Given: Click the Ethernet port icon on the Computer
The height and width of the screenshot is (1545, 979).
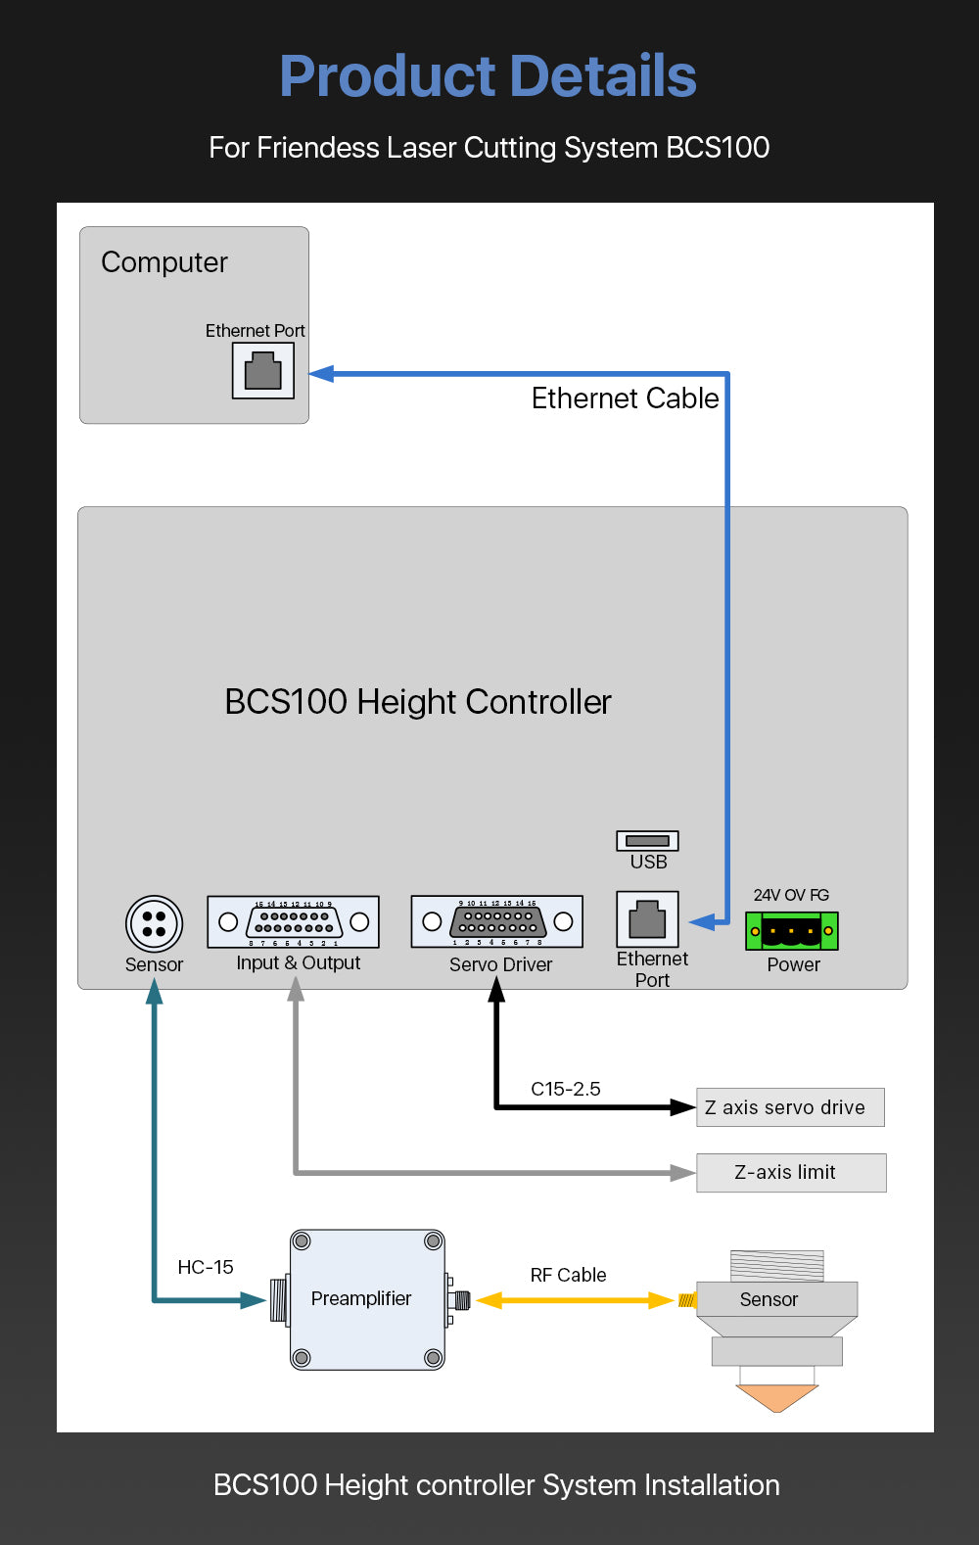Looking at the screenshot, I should [262, 371].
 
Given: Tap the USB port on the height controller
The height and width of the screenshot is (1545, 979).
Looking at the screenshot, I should [647, 841].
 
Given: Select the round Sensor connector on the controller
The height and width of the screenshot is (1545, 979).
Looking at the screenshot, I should [154, 923].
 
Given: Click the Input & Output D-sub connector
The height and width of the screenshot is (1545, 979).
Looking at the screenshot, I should [293, 922].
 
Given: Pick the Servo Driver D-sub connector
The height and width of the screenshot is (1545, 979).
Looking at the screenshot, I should [497, 922].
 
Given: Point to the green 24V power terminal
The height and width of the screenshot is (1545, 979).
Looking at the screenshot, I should [792, 931].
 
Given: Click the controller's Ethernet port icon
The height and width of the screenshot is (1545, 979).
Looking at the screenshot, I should [647, 919].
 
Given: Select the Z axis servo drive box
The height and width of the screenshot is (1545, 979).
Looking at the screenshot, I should [790, 1107].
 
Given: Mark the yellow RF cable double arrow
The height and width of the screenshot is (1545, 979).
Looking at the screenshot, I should [575, 1300].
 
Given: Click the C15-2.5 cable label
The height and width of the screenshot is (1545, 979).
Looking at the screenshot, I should [566, 1089].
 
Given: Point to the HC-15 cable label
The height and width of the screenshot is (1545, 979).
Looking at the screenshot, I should [206, 1267].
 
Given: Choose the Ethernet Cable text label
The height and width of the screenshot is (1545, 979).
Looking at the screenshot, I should [625, 398].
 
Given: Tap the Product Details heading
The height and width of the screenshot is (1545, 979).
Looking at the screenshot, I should [488, 76].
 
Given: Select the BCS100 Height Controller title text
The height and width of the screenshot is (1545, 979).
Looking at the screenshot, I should [418, 702].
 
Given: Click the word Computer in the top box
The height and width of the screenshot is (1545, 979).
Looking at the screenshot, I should [164, 262].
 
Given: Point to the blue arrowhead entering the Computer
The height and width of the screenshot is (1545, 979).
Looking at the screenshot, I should [322, 373].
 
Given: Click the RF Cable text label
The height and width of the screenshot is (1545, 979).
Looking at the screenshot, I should [568, 1275].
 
